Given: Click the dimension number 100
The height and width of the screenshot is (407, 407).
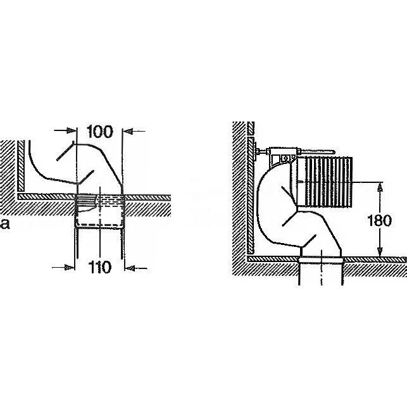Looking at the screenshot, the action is click(100, 132).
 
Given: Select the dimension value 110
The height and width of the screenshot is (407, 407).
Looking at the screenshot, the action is click(100, 267).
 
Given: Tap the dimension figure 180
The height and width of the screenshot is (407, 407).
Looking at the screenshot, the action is click(379, 221).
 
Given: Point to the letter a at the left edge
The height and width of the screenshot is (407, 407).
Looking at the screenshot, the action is click(5, 224).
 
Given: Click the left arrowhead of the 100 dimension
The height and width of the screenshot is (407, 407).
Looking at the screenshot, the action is click(72, 130).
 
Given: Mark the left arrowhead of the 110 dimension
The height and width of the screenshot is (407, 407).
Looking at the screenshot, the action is click(70, 267).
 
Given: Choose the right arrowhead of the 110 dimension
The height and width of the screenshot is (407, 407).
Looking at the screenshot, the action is click(130, 268).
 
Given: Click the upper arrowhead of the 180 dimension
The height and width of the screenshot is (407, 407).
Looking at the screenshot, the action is click(380, 187).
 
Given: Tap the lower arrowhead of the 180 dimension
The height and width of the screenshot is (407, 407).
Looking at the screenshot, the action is click(380, 251).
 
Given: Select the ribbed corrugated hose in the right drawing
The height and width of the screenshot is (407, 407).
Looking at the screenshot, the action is click(329, 182).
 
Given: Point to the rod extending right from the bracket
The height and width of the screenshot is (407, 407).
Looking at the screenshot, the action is click(316, 151).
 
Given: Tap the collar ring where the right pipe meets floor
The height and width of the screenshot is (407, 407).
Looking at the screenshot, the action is click(321, 260).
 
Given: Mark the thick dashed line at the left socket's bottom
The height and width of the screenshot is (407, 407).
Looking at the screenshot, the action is click(101, 224).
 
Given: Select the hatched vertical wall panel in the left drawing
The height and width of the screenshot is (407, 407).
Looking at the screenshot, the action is click(21, 165).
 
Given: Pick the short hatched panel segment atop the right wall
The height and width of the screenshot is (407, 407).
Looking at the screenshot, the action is click(251, 128).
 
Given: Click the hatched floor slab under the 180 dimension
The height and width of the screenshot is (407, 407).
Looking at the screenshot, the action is click(374, 266).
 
